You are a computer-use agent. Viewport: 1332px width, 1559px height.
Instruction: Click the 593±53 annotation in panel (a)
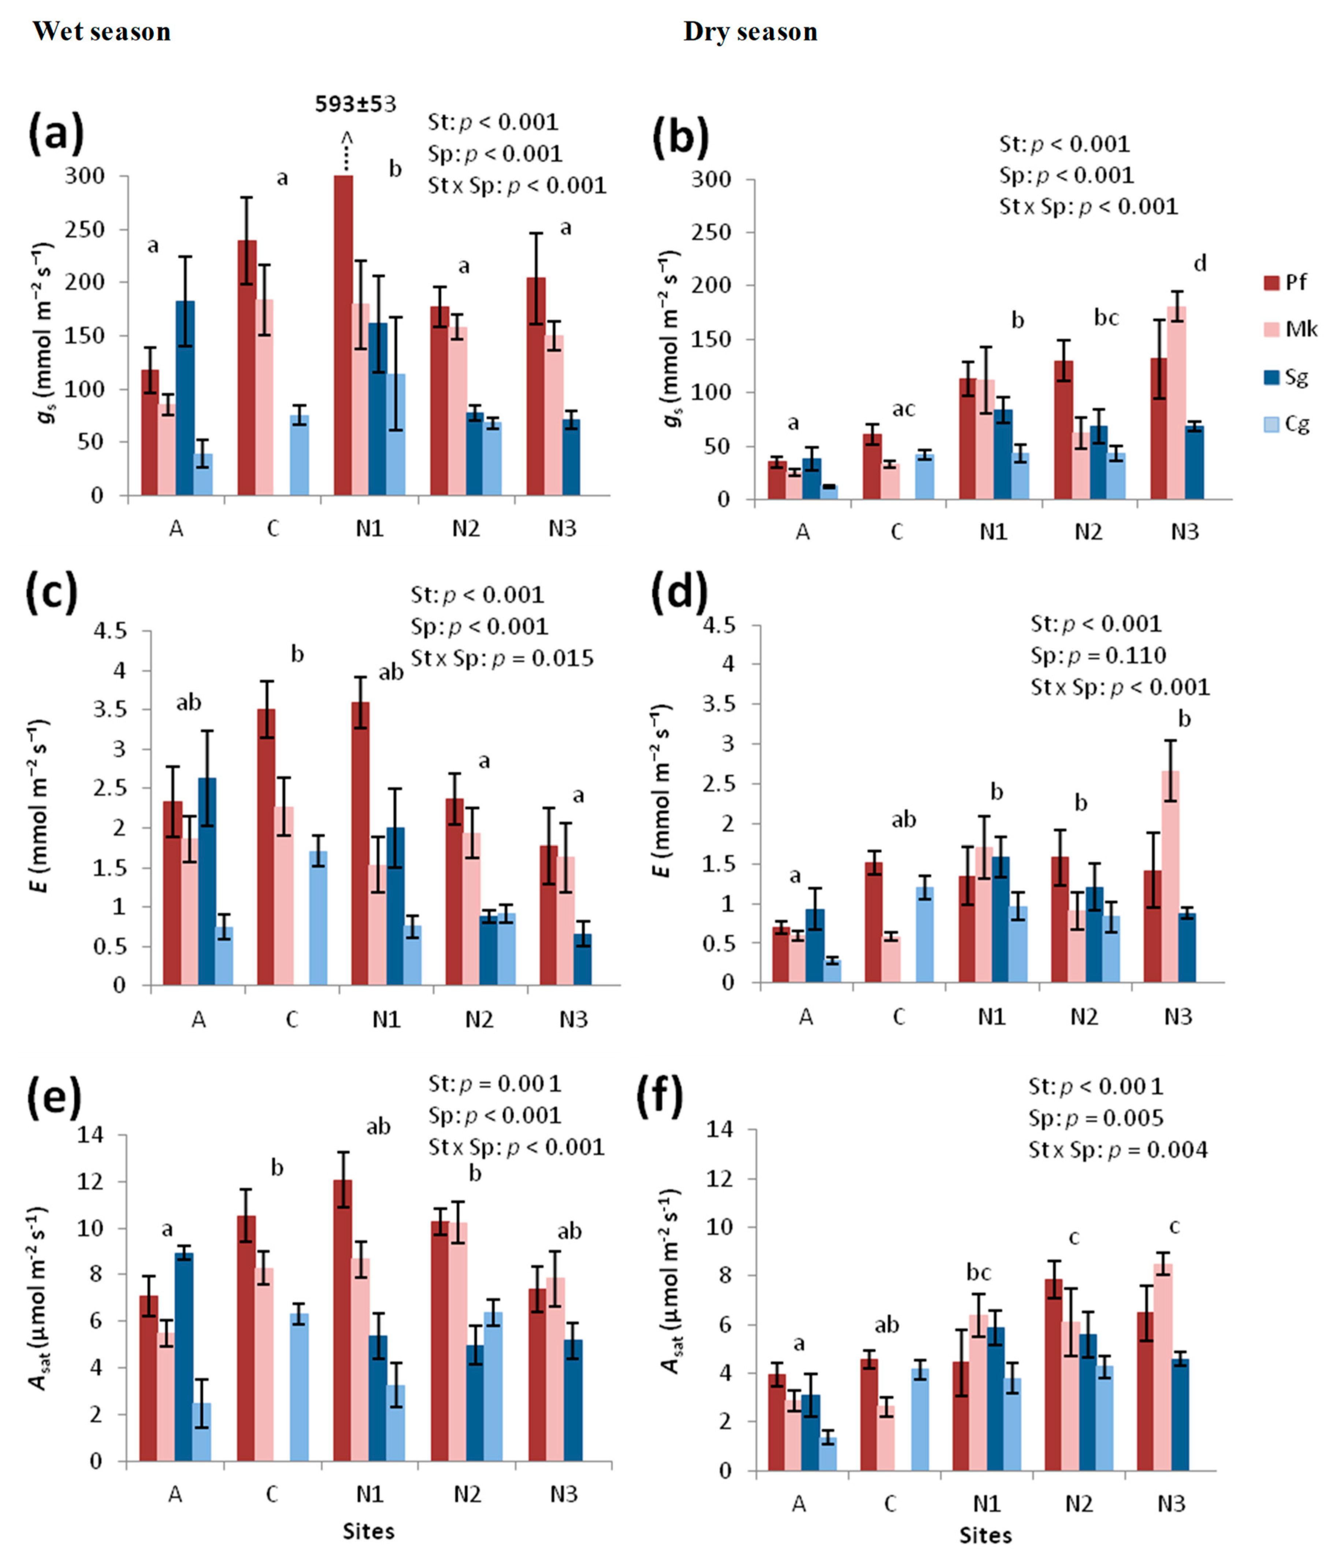[x=355, y=104]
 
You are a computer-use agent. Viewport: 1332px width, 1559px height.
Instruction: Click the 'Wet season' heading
[x=101, y=32]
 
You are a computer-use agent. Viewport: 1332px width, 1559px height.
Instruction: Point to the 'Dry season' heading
[x=750, y=32]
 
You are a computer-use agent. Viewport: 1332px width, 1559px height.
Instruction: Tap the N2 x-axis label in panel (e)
[x=466, y=1494]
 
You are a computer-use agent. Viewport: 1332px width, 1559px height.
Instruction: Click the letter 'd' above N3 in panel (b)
[x=1201, y=263]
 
